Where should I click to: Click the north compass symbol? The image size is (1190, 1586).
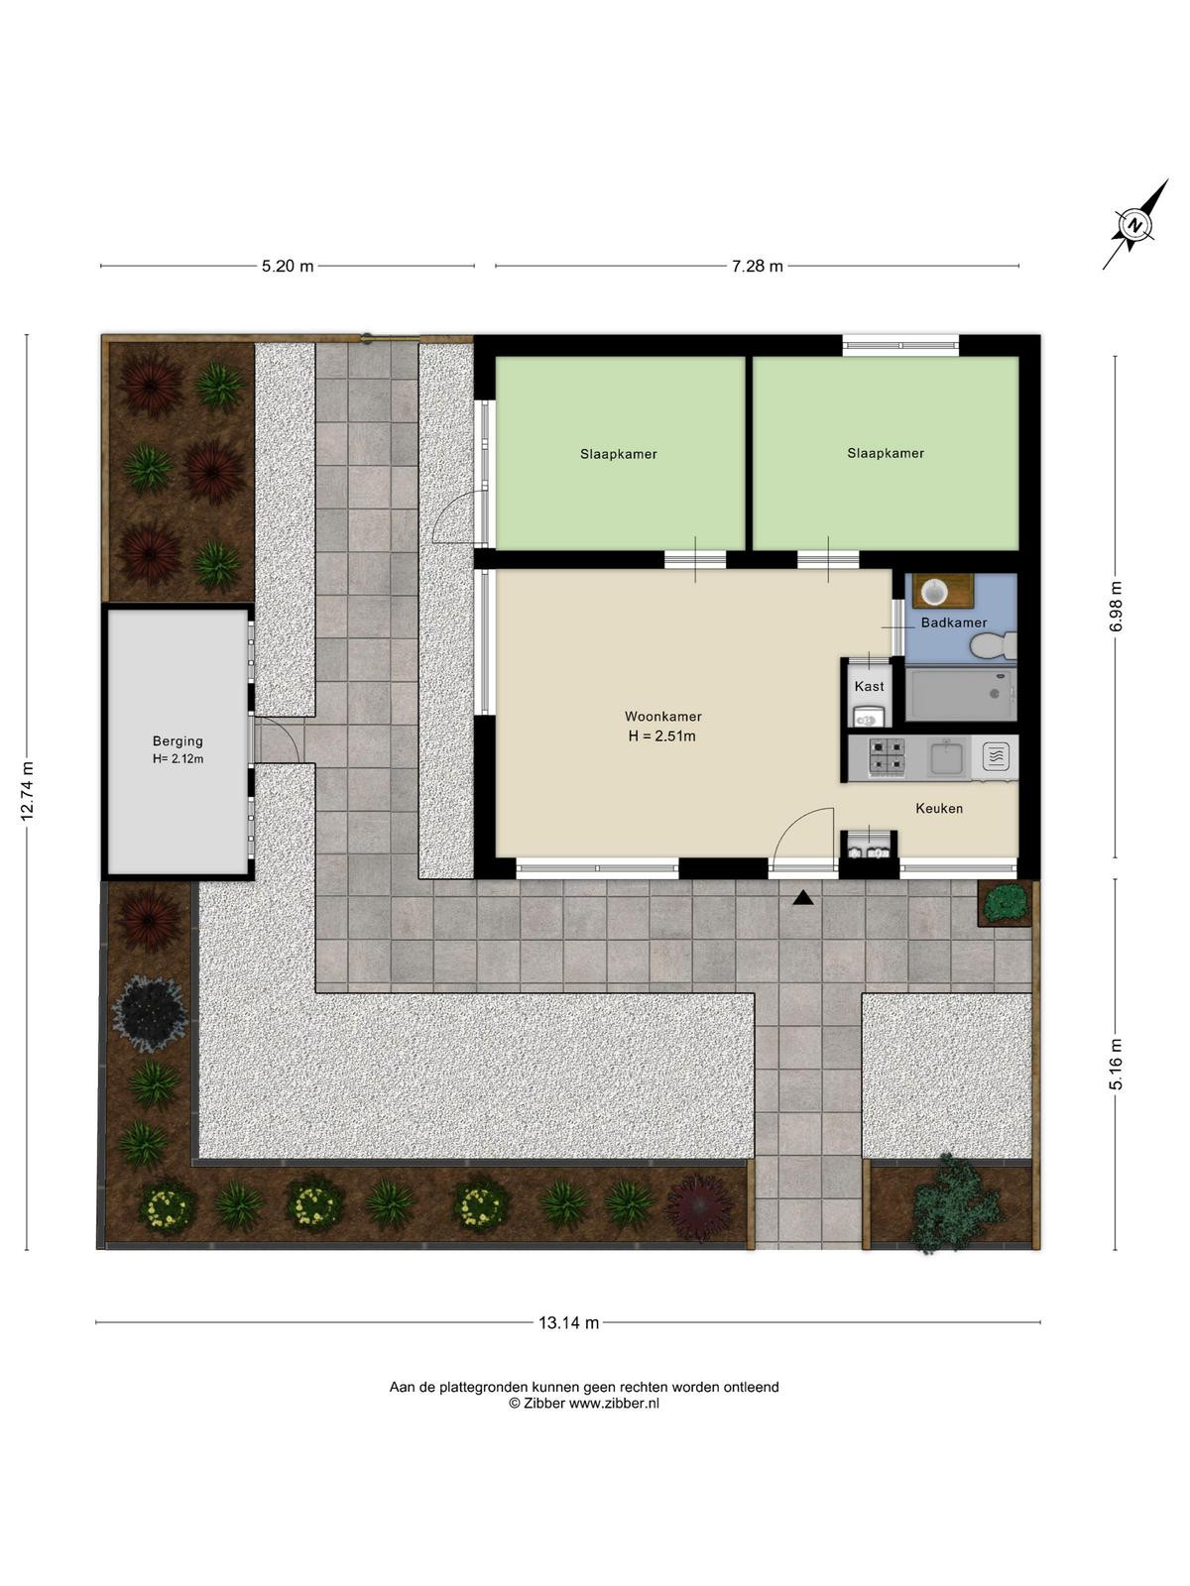tap(1135, 224)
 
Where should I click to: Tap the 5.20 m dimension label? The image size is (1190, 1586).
tap(288, 266)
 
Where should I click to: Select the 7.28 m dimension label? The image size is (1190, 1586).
tap(757, 266)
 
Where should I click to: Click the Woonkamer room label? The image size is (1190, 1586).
tap(662, 716)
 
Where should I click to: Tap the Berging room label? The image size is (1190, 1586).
tap(178, 740)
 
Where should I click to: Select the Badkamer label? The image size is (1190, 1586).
tap(953, 623)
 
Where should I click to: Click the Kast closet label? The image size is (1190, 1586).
tap(869, 686)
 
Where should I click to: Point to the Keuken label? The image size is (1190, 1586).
tap(938, 808)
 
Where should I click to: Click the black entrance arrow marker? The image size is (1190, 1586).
tap(802, 898)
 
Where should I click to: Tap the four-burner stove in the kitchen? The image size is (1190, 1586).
tap(886, 756)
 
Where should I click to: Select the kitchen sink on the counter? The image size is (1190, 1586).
tap(946, 757)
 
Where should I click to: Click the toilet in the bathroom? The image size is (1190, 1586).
tap(995, 646)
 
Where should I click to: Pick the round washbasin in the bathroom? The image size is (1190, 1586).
tap(934, 592)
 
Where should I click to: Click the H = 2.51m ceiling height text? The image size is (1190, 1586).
tap(661, 736)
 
